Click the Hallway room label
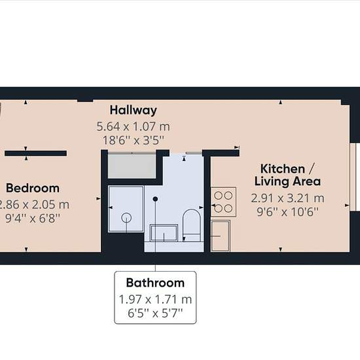[x=134, y=110]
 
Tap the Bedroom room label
[x=33, y=189]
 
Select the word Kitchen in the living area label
[x=283, y=169]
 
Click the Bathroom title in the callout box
[x=155, y=283]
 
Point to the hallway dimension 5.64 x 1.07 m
[x=133, y=126]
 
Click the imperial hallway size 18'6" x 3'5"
[x=134, y=140]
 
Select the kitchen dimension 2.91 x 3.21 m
[x=287, y=198]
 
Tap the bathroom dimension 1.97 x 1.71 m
[x=155, y=299]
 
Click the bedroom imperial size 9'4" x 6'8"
[x=33, y=218]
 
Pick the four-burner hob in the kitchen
[x=223, y=202]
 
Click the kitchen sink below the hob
[x=221, y=236]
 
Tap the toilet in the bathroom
[x=192, y=225]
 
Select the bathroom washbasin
[x=164, y=232]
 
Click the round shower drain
[x=126, y=218]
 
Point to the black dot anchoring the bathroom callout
[x=155, y=199]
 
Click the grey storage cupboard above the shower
[x=132, y=166]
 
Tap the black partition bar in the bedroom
[x=35, y=153]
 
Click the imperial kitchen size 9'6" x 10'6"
[x=287, y=212]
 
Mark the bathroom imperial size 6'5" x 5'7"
[x=155, y=313]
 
